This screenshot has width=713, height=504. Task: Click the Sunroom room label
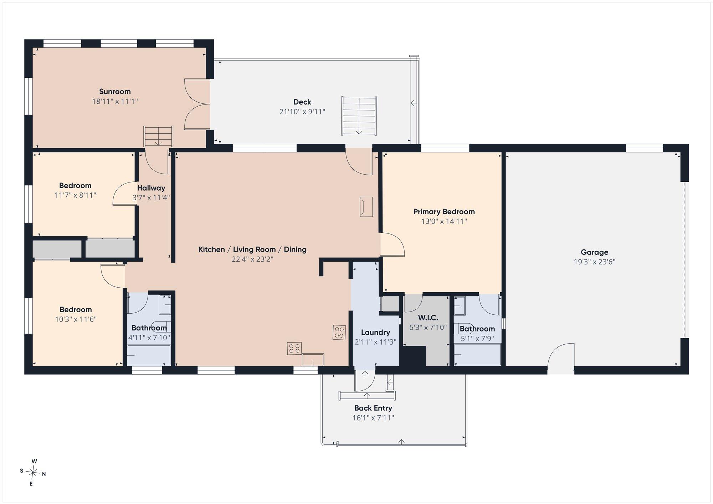pyautogui.click(x=115, y=92)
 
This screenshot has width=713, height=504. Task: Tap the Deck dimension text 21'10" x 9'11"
pyautogui.click(x=302, y=112)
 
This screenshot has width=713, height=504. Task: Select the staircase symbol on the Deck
pyautogui.click(x=359, y=116)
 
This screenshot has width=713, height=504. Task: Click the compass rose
pyautogui.click(x=33, y=473)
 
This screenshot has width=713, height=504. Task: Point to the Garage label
pyautogui.click(x=594, y=252)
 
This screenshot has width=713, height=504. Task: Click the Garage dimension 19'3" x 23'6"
pyautogui.click(x=594, y=262)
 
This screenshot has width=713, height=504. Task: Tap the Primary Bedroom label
pyautogui.click(x=444, y=212)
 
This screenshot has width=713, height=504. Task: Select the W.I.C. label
pyautogui.click(x=428, y=318)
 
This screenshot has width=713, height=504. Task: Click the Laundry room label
pyautogui.click(x=375, y=333)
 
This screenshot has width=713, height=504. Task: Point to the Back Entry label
pyautogui.click(x=373, y=408)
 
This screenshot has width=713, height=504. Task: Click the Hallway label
pyautogui.click(x=151, y=188)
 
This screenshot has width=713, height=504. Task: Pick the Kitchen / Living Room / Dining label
pyautogui.click(x=252, y=250)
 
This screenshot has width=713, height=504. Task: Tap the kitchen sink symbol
pyautogui.click(x=313, y=360)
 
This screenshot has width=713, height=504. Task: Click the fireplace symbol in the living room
pyautogui.click(x=366, y=207)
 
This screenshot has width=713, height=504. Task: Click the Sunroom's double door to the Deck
pyautogui.click(x=197, y=104)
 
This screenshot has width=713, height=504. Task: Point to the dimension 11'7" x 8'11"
pyautogui.click(x=75, y=195)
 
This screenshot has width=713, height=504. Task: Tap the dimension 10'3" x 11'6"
pyautogui.click(x=76, y=319)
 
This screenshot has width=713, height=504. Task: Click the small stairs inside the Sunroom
pyautogui.click(x=158, y=136)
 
